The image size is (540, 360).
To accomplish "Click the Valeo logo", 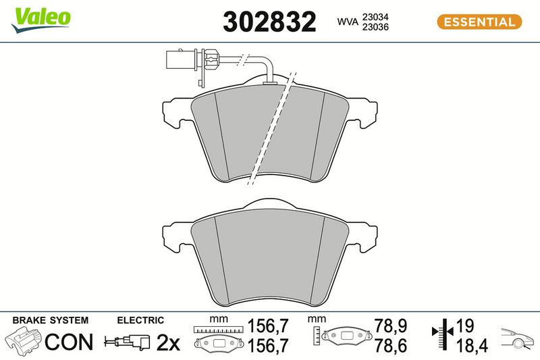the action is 41,20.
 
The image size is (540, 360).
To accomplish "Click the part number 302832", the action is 269,22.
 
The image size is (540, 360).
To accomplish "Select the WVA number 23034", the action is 375,17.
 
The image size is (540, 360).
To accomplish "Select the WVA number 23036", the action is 375,27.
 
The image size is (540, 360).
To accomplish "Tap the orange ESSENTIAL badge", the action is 479,22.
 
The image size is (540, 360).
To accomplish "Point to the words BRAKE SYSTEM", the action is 50,320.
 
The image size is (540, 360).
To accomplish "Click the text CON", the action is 69,342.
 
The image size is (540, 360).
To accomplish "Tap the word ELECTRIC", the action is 140,320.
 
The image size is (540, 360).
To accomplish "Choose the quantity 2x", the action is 168,342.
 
